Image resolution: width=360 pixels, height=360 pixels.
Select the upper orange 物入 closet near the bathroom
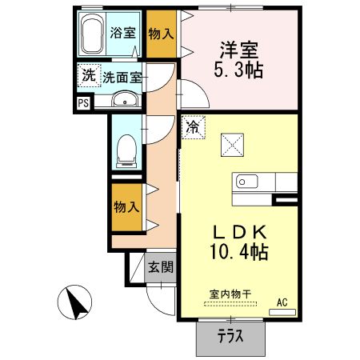pos(162,34)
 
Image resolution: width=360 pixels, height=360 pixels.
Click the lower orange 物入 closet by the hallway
pos(127,206)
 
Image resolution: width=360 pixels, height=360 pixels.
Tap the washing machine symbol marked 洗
pos(87,77)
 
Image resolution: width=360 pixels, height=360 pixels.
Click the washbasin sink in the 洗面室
pos(123,100)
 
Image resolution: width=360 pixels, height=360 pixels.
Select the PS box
pos(83,102)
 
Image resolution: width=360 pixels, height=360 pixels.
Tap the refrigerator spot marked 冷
pos(193,127)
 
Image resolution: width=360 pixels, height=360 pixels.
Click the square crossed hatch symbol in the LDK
pos(232,146)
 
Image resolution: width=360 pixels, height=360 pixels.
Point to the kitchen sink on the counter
pos(245,181)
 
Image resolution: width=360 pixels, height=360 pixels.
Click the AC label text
pos(282,302)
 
